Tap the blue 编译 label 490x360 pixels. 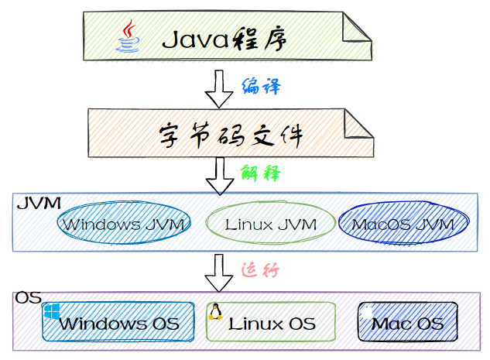tap(261, 87)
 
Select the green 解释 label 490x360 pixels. tap(261, 173)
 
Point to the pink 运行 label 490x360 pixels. tap(260, 269)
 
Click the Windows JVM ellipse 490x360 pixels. tap(124, 223)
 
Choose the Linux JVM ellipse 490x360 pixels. tap(270, 223)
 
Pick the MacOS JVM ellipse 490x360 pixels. tap(403, 223)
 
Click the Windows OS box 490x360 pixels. tap(118, 322)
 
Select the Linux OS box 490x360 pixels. tap(271, 322)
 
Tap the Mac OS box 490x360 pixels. tap(407, 322)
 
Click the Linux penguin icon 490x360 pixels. tap(215, 311)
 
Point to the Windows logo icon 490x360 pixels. tap(52, 311)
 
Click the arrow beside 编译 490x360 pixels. tap(219, 89)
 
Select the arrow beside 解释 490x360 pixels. tap(220, 177)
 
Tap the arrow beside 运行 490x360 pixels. tap(219, 273)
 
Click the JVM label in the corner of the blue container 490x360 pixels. tap(39, 204)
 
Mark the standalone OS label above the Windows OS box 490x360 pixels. tap(29, 297)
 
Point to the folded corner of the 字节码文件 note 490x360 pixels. tap(359, 124)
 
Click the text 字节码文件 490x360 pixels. tap(231, 135)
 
